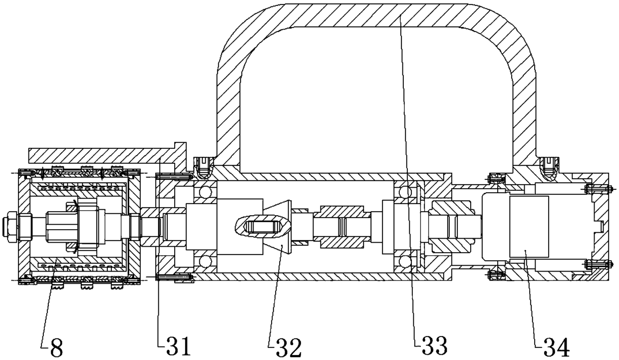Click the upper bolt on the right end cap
[597, 189]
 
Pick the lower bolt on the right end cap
[597, 264]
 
